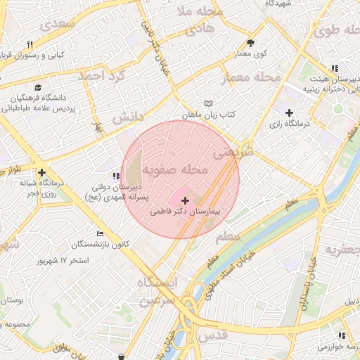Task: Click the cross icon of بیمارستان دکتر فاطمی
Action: (x=185, y=201)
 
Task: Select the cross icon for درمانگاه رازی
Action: (x=289, y=112)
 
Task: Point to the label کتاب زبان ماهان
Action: (x=209, y=114)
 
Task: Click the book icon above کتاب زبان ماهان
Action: (x=207, y=103)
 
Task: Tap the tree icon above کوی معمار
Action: (x=250, y=44)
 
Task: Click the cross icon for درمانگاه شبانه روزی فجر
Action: (x=43, y=172)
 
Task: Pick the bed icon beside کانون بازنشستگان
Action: (x=100, y=233)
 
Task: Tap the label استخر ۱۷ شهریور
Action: (x=63, y=261)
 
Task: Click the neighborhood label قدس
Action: (x=217, y=335)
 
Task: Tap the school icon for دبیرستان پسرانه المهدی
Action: (x=115, y=177)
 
